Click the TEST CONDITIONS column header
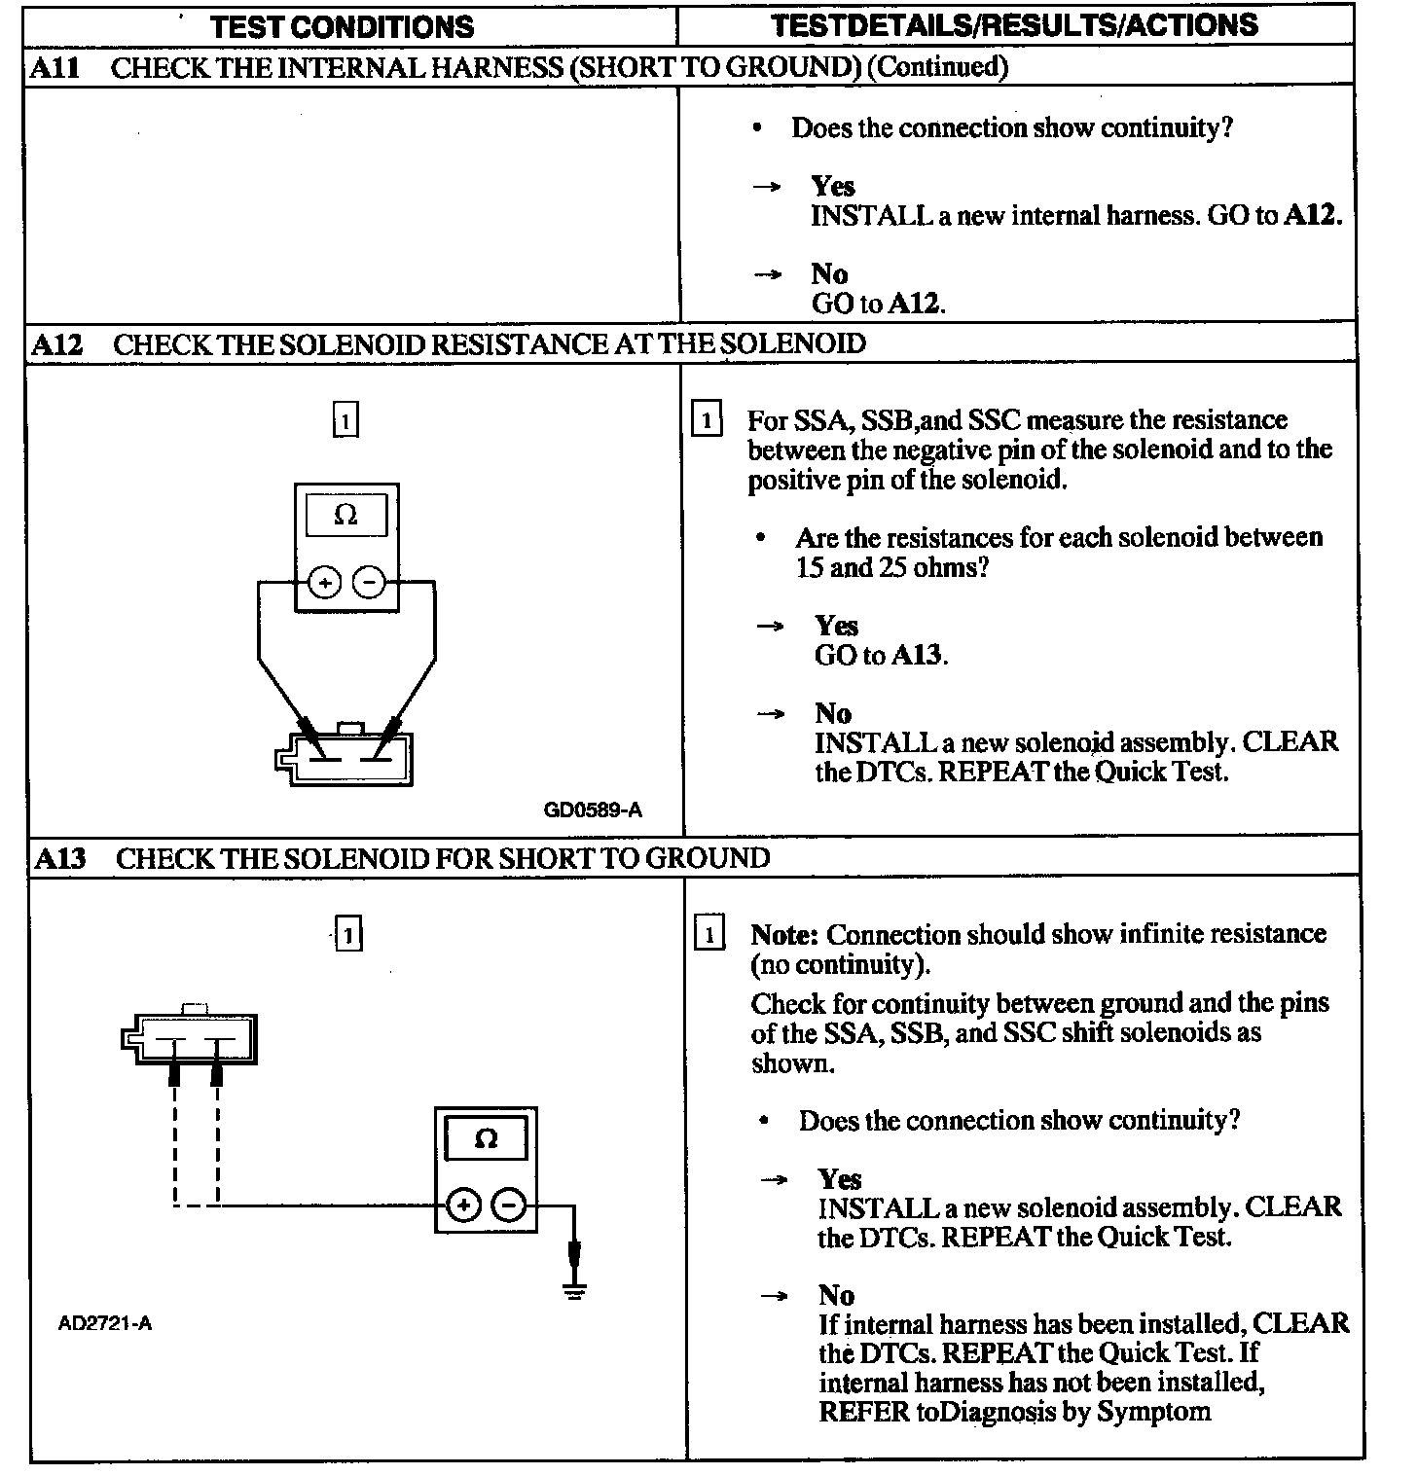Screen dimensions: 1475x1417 click(342, 25)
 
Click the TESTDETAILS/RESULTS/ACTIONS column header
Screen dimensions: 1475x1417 click(1014, 24)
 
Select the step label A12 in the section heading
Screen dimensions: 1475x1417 click(57, 344)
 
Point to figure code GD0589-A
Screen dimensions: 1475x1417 click(593, 809)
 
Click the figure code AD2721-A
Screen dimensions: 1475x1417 click(105, 1323)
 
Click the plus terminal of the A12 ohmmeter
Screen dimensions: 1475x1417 click(324, 583)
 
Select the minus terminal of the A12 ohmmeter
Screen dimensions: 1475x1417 click(369, 583)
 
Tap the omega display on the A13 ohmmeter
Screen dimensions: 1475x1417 click(486, 1138)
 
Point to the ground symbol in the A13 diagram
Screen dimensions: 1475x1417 click(575, 1291)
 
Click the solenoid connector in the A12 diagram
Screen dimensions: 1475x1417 click(345, 757)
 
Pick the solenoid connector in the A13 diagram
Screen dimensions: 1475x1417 click(191, 1037)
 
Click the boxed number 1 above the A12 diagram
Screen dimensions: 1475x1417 click(345, 421)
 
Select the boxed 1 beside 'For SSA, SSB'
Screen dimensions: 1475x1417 click(707, 421)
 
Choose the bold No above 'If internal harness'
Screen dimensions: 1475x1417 click(836, 1295)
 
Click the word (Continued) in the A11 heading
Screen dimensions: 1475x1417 click(936, 67)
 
